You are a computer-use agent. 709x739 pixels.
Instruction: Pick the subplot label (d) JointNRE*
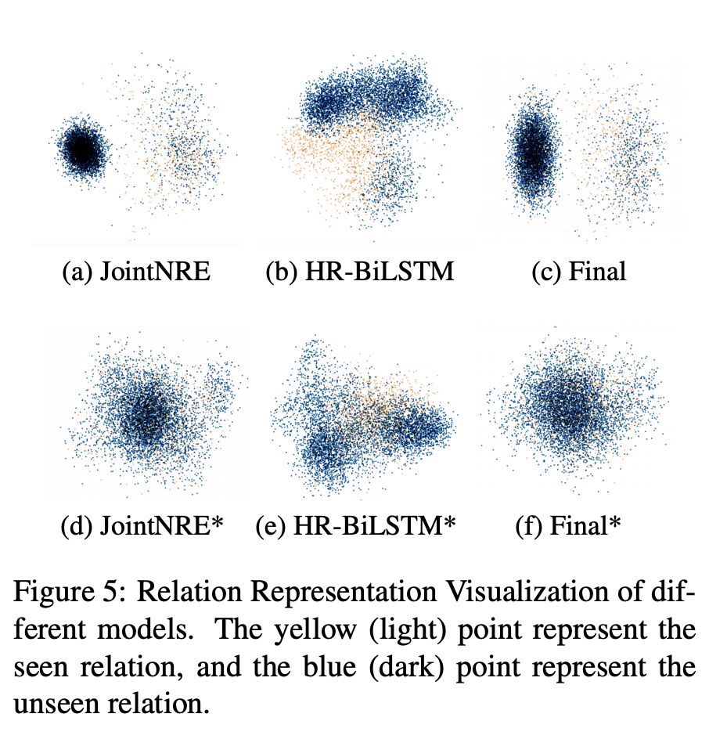[142, 526]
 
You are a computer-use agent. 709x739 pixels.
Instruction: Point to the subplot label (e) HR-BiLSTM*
[355, 526]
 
